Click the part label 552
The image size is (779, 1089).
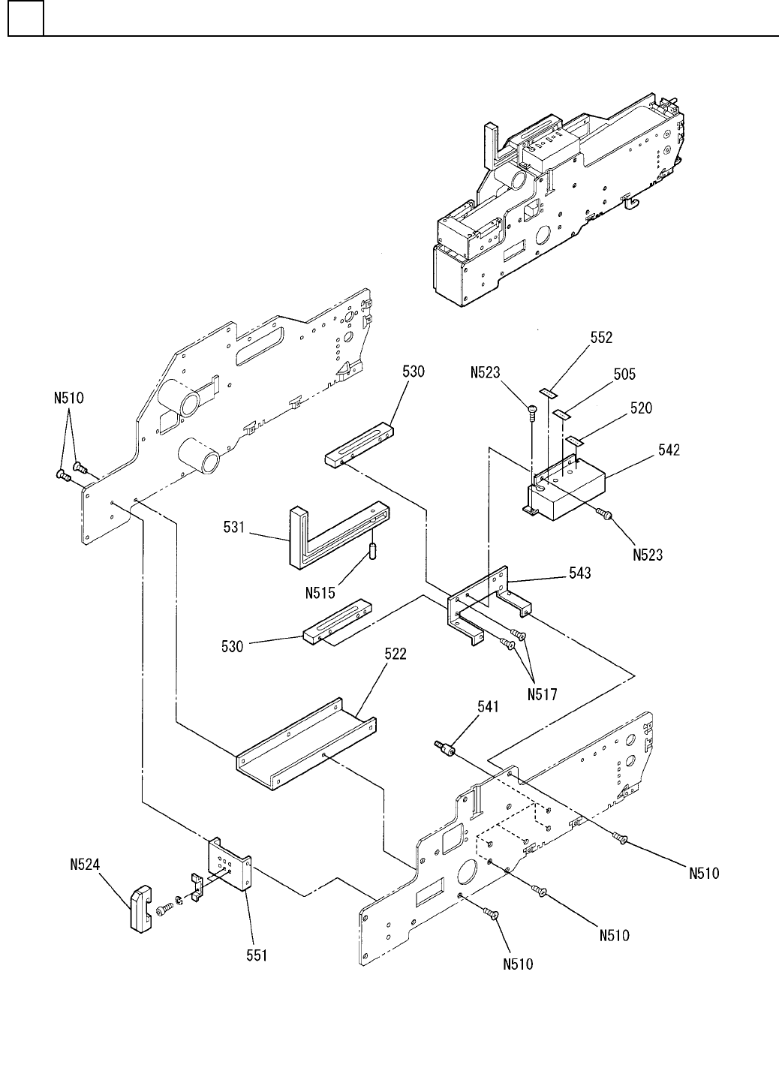600,338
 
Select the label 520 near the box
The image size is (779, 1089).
641,409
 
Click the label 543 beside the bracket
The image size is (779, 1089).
579,573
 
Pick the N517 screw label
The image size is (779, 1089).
541,694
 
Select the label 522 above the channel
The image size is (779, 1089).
396,654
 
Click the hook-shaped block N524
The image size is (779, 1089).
140,908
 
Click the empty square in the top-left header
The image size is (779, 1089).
26,18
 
